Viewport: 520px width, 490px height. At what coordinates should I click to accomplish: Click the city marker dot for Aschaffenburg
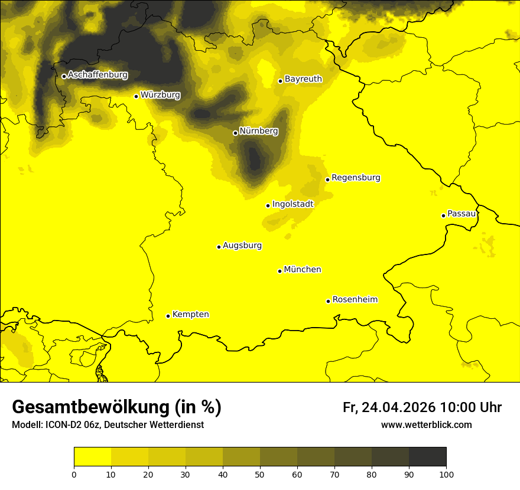tap(64, 76)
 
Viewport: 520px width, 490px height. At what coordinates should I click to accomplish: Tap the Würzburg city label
tap(160, 95)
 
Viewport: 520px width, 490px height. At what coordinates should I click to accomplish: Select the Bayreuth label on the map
tap(303, 79)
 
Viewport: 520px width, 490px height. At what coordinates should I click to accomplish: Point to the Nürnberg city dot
tap(235, 133)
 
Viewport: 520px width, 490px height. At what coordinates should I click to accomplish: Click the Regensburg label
tap(356, 178)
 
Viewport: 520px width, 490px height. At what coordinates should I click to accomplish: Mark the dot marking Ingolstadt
tap(268, 206)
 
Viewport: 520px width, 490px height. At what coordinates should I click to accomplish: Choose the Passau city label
tap(461, 214)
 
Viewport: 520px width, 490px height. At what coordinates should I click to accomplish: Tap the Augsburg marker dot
tap(219, 247)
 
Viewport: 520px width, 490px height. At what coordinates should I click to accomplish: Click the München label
tap(303, 270)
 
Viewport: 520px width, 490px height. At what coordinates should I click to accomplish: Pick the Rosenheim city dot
tap(328, 301)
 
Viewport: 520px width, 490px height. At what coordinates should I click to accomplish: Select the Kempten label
tap(190, 315)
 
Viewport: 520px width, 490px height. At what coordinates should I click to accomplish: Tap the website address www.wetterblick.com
tap(426, 425)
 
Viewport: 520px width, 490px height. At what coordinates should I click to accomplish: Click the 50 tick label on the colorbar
tap(260, 474)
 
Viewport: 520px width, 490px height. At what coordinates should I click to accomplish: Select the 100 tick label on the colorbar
tap(446, 474)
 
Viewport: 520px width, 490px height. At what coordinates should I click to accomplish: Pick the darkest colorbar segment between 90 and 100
tap(427, 457)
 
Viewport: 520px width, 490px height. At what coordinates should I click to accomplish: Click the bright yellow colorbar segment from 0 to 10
tap(92, 457)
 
